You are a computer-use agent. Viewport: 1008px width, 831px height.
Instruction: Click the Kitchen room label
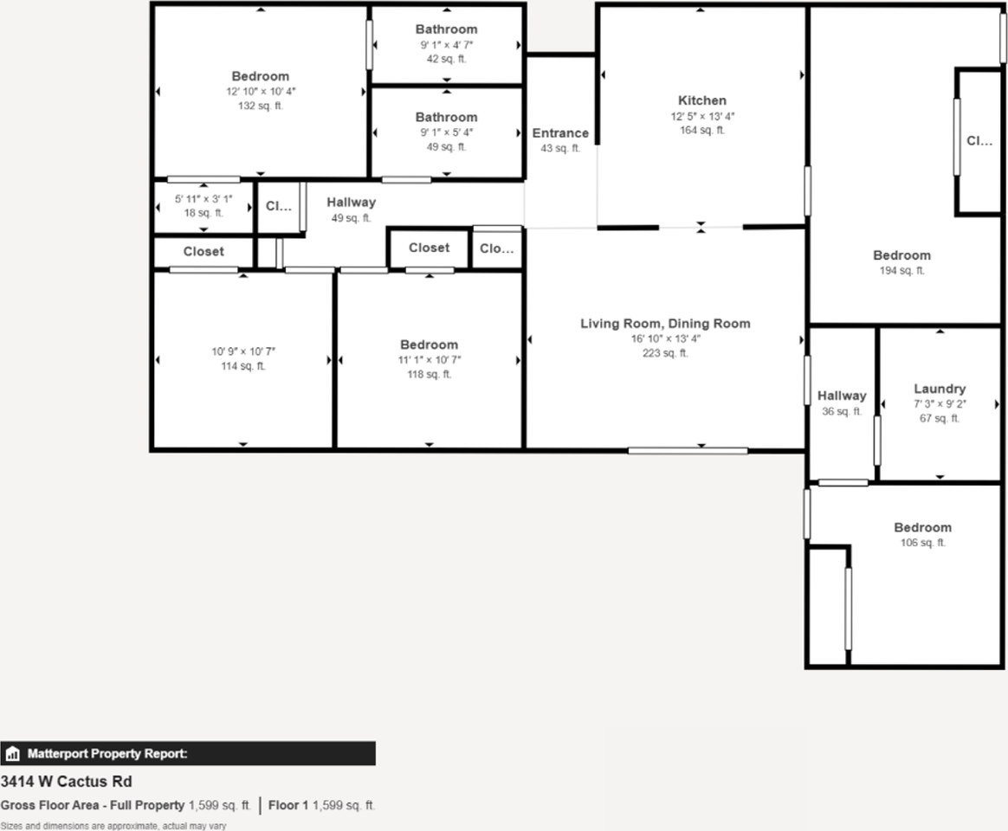(701, 100)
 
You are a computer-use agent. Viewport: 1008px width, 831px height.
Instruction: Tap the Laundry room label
(940, 389)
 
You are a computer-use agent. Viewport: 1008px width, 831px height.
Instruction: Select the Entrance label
(560, 133)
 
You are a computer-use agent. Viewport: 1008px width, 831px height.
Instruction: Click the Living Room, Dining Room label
(665, 324)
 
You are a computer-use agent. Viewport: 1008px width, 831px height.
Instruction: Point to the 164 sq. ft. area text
(701, 131)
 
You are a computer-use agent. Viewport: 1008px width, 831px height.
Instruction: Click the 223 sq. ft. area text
(665, 353)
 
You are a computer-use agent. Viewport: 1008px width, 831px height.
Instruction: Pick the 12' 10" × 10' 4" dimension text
(260, 91)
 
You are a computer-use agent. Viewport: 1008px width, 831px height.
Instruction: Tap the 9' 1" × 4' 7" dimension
(446, 44)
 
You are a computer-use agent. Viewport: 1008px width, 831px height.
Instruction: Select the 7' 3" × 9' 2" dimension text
(940, 404)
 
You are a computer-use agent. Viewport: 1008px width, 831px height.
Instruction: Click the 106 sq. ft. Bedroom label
(922, 527)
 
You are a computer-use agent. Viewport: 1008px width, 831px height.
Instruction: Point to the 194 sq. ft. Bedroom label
(901, 255)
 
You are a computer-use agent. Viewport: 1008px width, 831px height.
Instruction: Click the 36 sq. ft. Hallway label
(842, 396)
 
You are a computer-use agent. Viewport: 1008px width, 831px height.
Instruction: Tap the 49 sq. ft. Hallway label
(351, 203)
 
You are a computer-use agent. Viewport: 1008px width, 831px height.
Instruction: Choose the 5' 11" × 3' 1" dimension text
(204, 198)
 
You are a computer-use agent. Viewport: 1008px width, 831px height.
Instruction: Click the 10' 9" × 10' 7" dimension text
(242, 351)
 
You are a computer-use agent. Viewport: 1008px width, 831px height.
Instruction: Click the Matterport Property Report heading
(107, 754)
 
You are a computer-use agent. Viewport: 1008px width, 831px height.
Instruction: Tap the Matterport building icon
(13, 754)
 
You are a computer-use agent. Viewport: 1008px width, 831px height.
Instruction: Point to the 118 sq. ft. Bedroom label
(429, 345)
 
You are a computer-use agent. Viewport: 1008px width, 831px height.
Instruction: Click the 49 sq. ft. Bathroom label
(446, 117)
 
